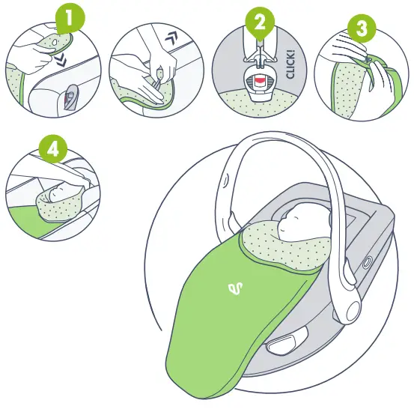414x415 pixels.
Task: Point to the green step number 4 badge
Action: [x=52, y=149]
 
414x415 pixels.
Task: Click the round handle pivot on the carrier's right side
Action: [x=367, y=262]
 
